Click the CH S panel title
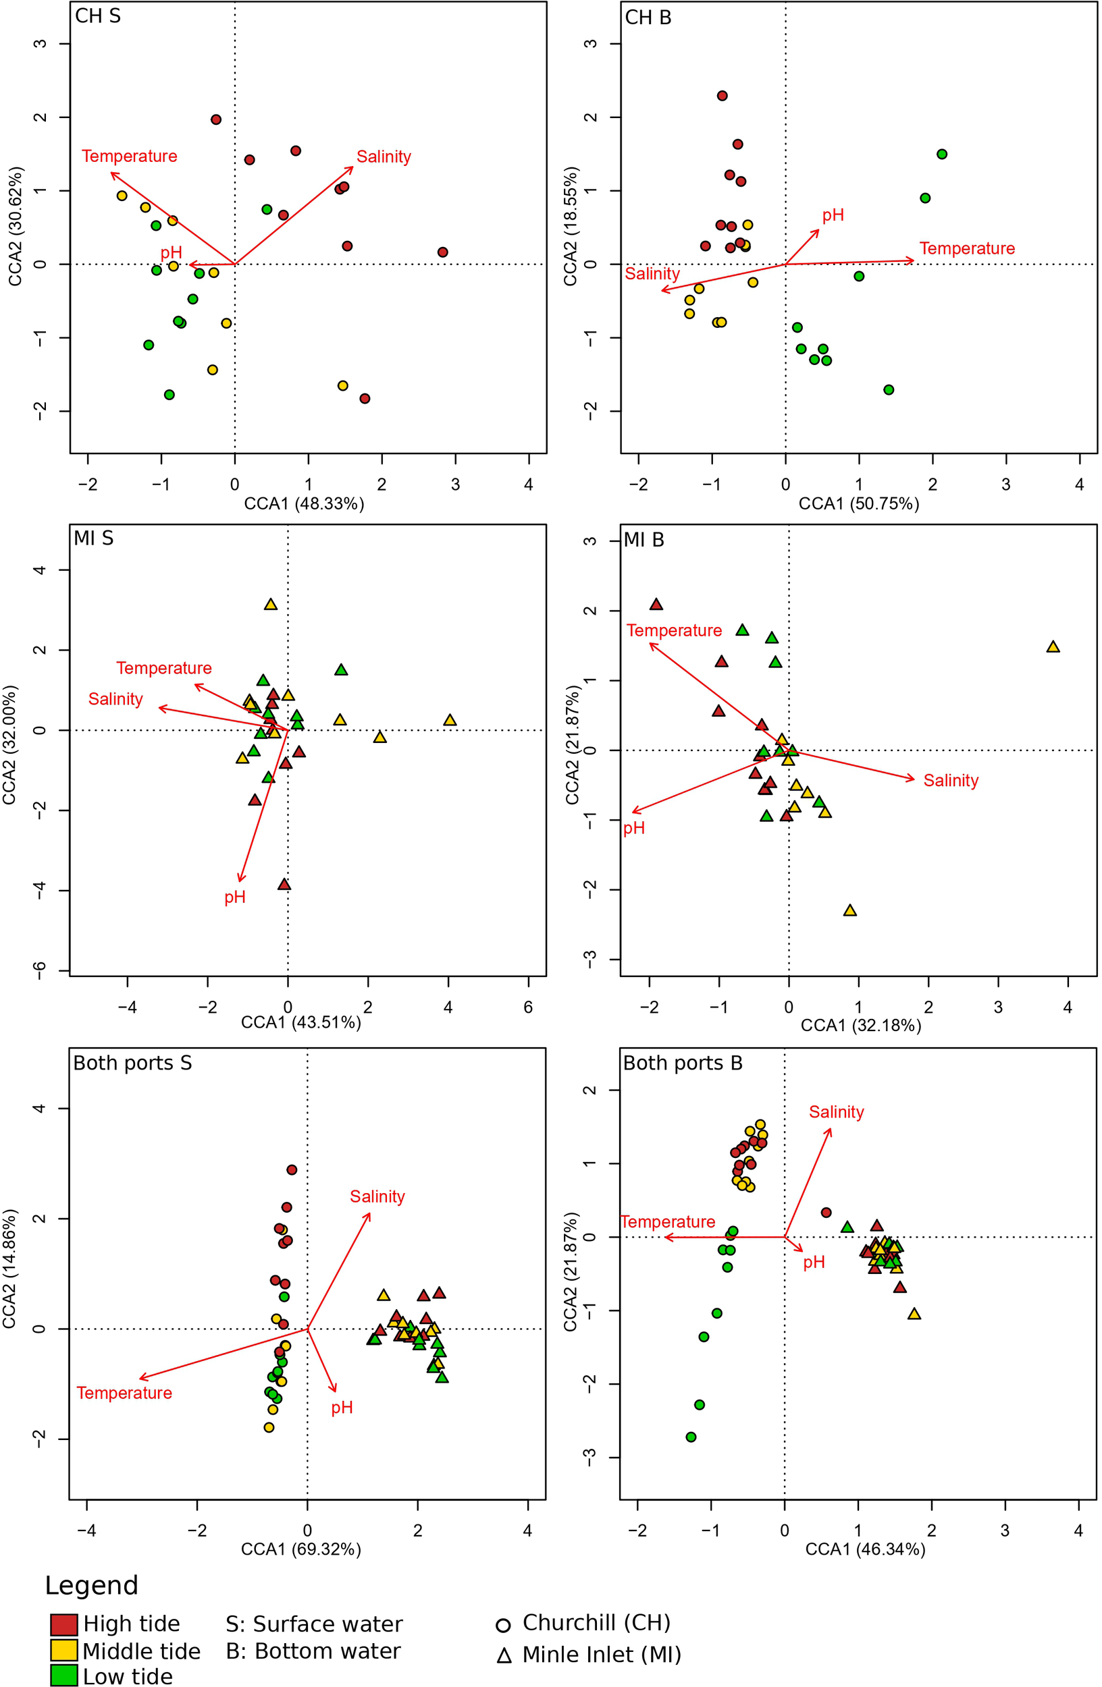[x=98, y=16]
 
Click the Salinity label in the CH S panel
[x=383, y=157]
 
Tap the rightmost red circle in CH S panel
[x=442, y=252]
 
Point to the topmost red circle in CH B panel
[x=722, y=96]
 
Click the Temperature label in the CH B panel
[x=966, y=249]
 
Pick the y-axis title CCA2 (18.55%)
[x=570, y=227]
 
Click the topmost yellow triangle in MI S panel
[x=270, y=605]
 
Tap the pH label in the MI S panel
[x=235, y=897]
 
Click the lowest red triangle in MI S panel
[x=284, y=885]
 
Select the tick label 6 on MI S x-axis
[x=527, y=1007]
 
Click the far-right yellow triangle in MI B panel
[x=1053, y=647]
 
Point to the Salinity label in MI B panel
[x=950, y=781]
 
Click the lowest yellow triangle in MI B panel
[x=849, y=911]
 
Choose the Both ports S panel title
[x=132, y=1063]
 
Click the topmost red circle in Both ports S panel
[x=292, y=1169]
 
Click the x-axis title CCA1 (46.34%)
[x=865, y=1549]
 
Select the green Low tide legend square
[x=64, y=1676]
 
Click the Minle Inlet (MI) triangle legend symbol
[x=504, y=1656]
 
